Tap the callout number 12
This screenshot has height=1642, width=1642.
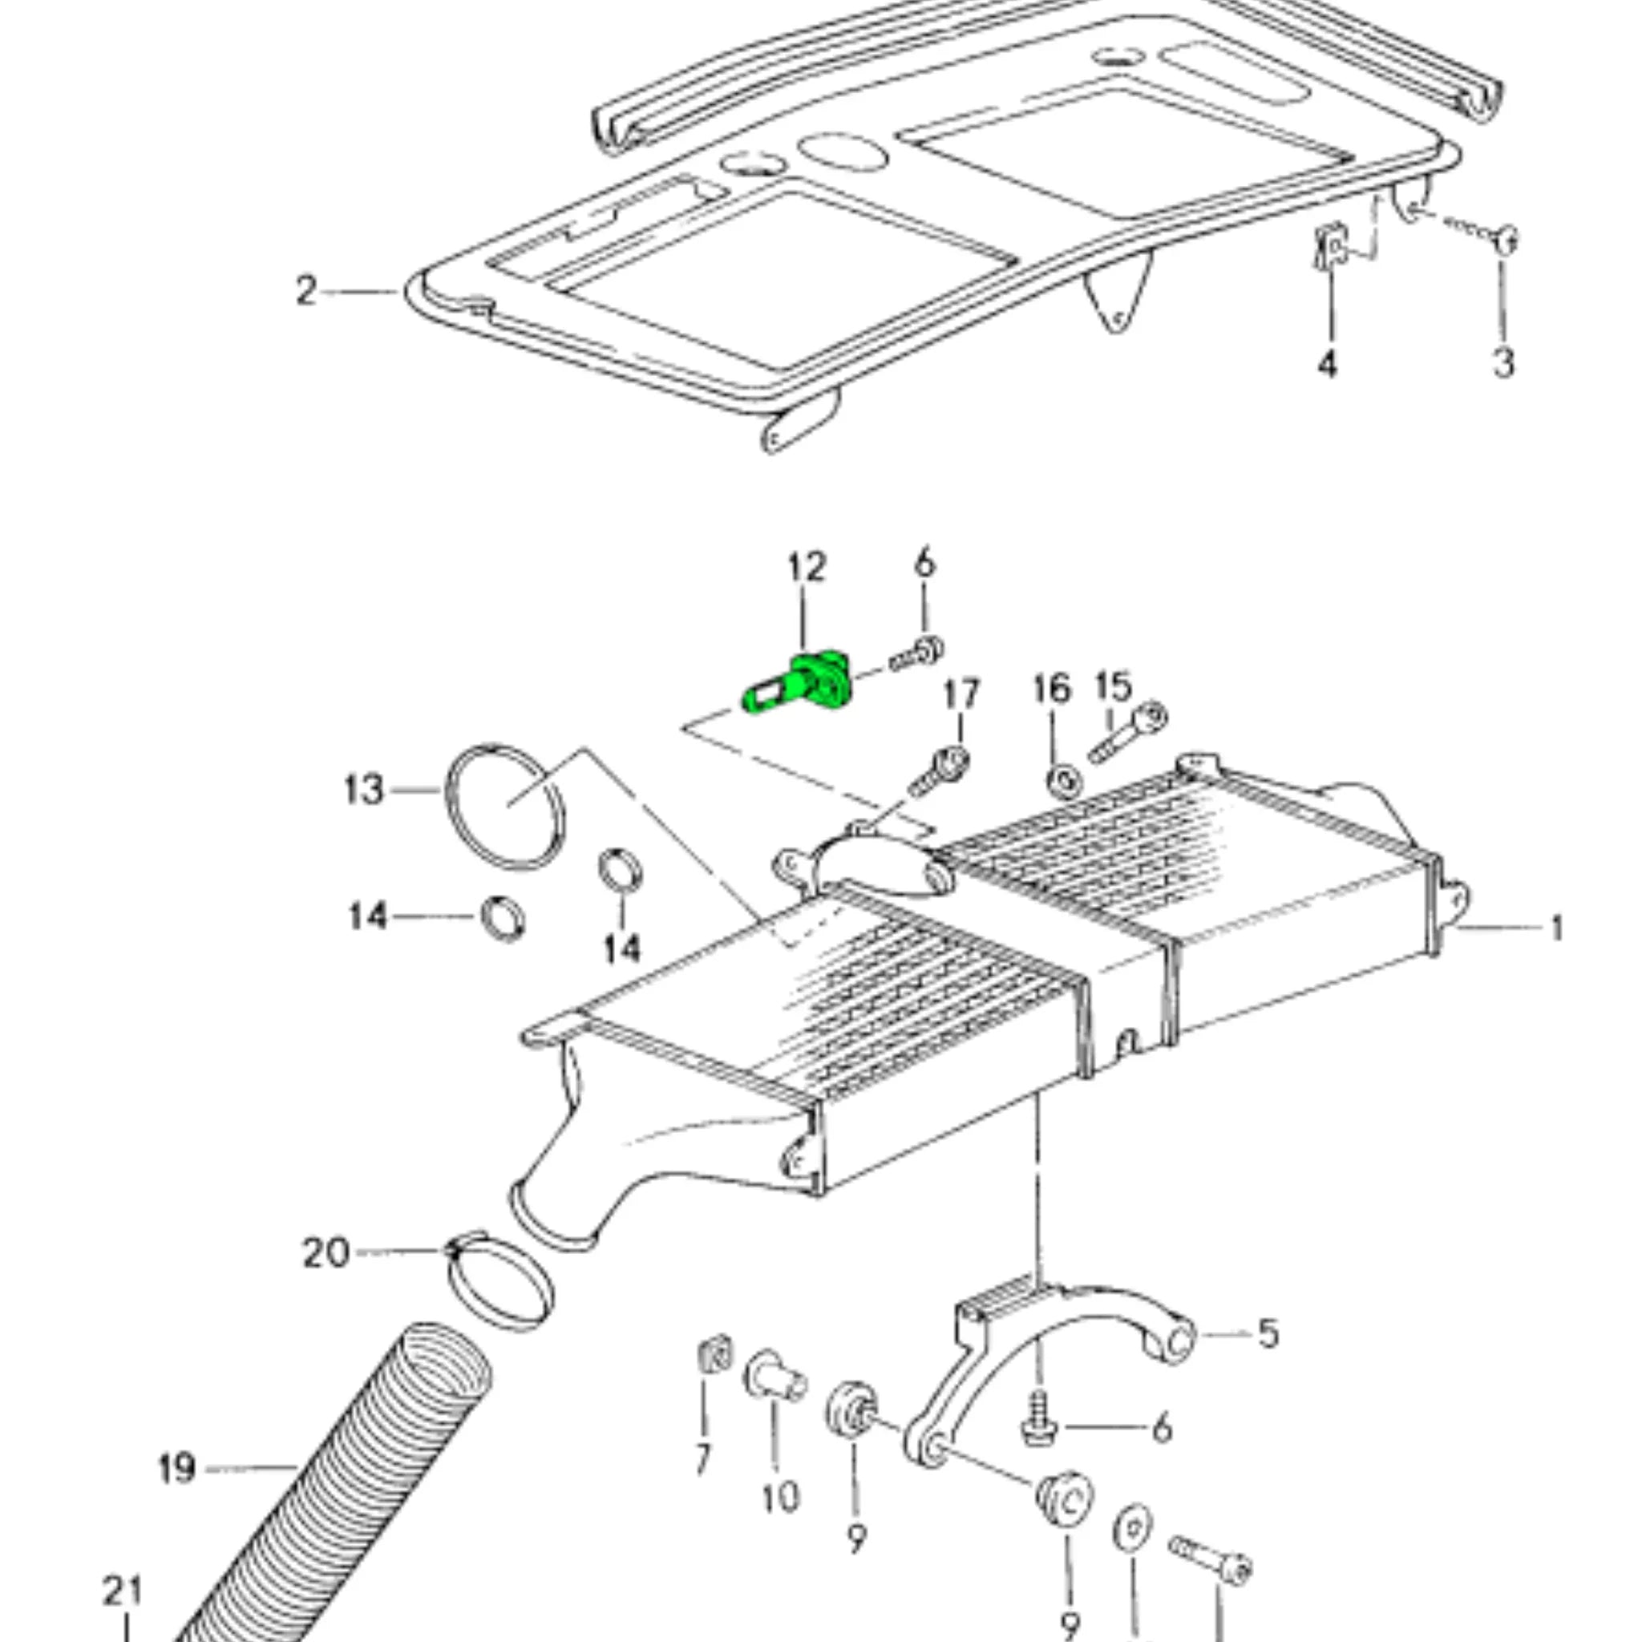click(806, 567)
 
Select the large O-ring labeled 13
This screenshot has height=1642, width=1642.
click(505, 806)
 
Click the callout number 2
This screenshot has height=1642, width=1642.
click(306, 292)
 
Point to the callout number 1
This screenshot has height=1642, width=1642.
click(1556, 928)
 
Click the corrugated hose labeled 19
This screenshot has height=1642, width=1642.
click(340, 1496)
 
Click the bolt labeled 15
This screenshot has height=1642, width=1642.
click(1129, 733)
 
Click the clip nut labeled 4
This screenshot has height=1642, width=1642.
click(1332, 247)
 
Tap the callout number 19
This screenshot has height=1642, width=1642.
click(176, 1469)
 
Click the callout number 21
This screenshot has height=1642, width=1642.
click(124, 1591)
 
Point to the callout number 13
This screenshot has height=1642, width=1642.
click(364, 791)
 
